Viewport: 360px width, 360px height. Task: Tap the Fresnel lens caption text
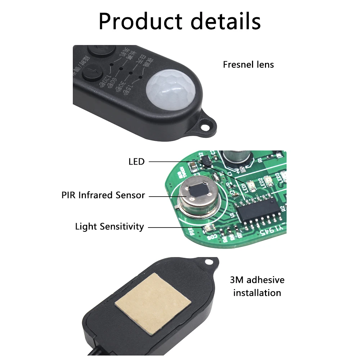click(x=248, y=65)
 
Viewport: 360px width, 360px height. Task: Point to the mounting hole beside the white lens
click(x=206, y=126)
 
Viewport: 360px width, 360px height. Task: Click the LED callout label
click(x=136, y=162)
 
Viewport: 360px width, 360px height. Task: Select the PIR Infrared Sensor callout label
click(x=103, y=195)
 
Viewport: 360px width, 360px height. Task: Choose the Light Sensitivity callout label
click(x=109, y=227)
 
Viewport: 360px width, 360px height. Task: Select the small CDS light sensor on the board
click(x=208, y=228)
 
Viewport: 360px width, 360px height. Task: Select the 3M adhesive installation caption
click(x=257, y=286)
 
